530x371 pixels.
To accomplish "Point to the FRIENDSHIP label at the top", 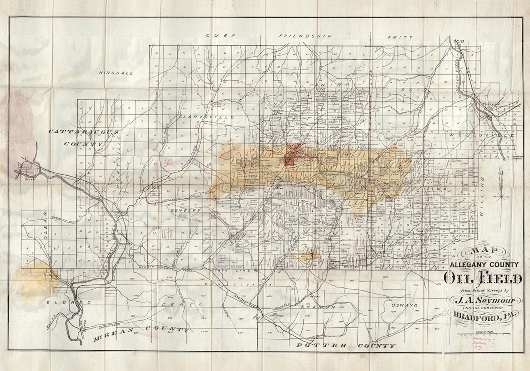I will [305, 36].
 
